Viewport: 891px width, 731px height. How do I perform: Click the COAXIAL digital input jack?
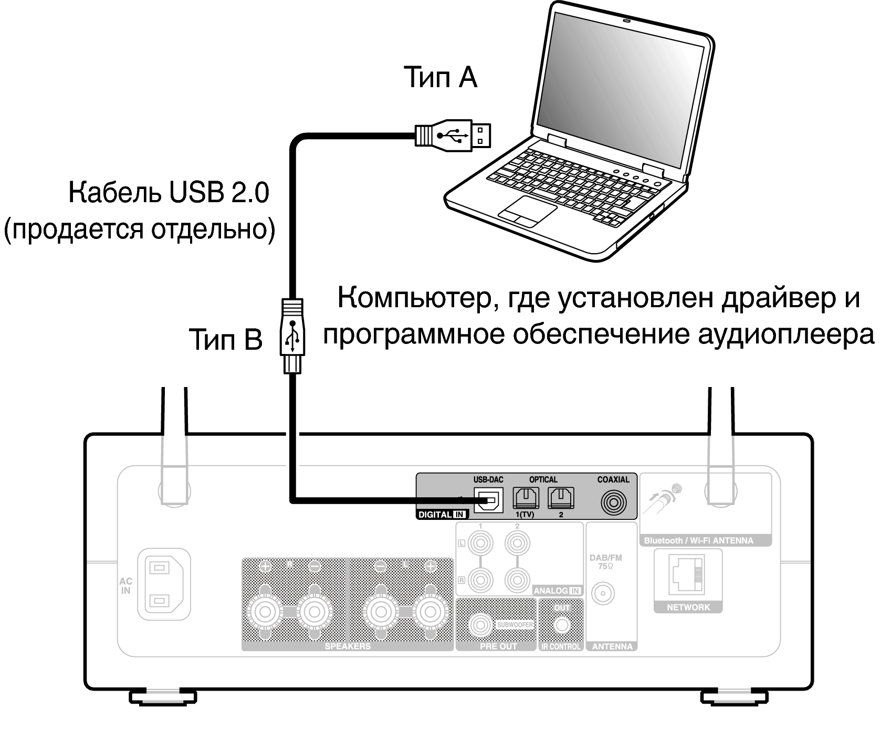pos(613,503)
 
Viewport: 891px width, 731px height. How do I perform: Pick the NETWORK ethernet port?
pos(688,576)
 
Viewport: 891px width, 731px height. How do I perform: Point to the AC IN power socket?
pos(164,584)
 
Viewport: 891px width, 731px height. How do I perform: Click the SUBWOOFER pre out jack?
pos(480,625)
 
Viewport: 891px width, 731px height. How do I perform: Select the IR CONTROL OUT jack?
pos(562,625)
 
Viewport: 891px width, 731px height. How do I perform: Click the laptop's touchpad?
pos(527,211)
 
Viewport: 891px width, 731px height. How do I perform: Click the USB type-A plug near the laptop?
pos(454,135)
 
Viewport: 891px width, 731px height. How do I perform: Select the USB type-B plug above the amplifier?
pos(292,336)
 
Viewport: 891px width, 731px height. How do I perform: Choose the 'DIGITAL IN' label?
pos(442,515)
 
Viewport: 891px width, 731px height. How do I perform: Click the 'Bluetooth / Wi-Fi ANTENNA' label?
pos(698,540)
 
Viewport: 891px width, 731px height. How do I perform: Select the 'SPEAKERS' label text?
pos(348,646)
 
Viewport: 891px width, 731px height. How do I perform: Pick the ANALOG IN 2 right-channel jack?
pos(517,580)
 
